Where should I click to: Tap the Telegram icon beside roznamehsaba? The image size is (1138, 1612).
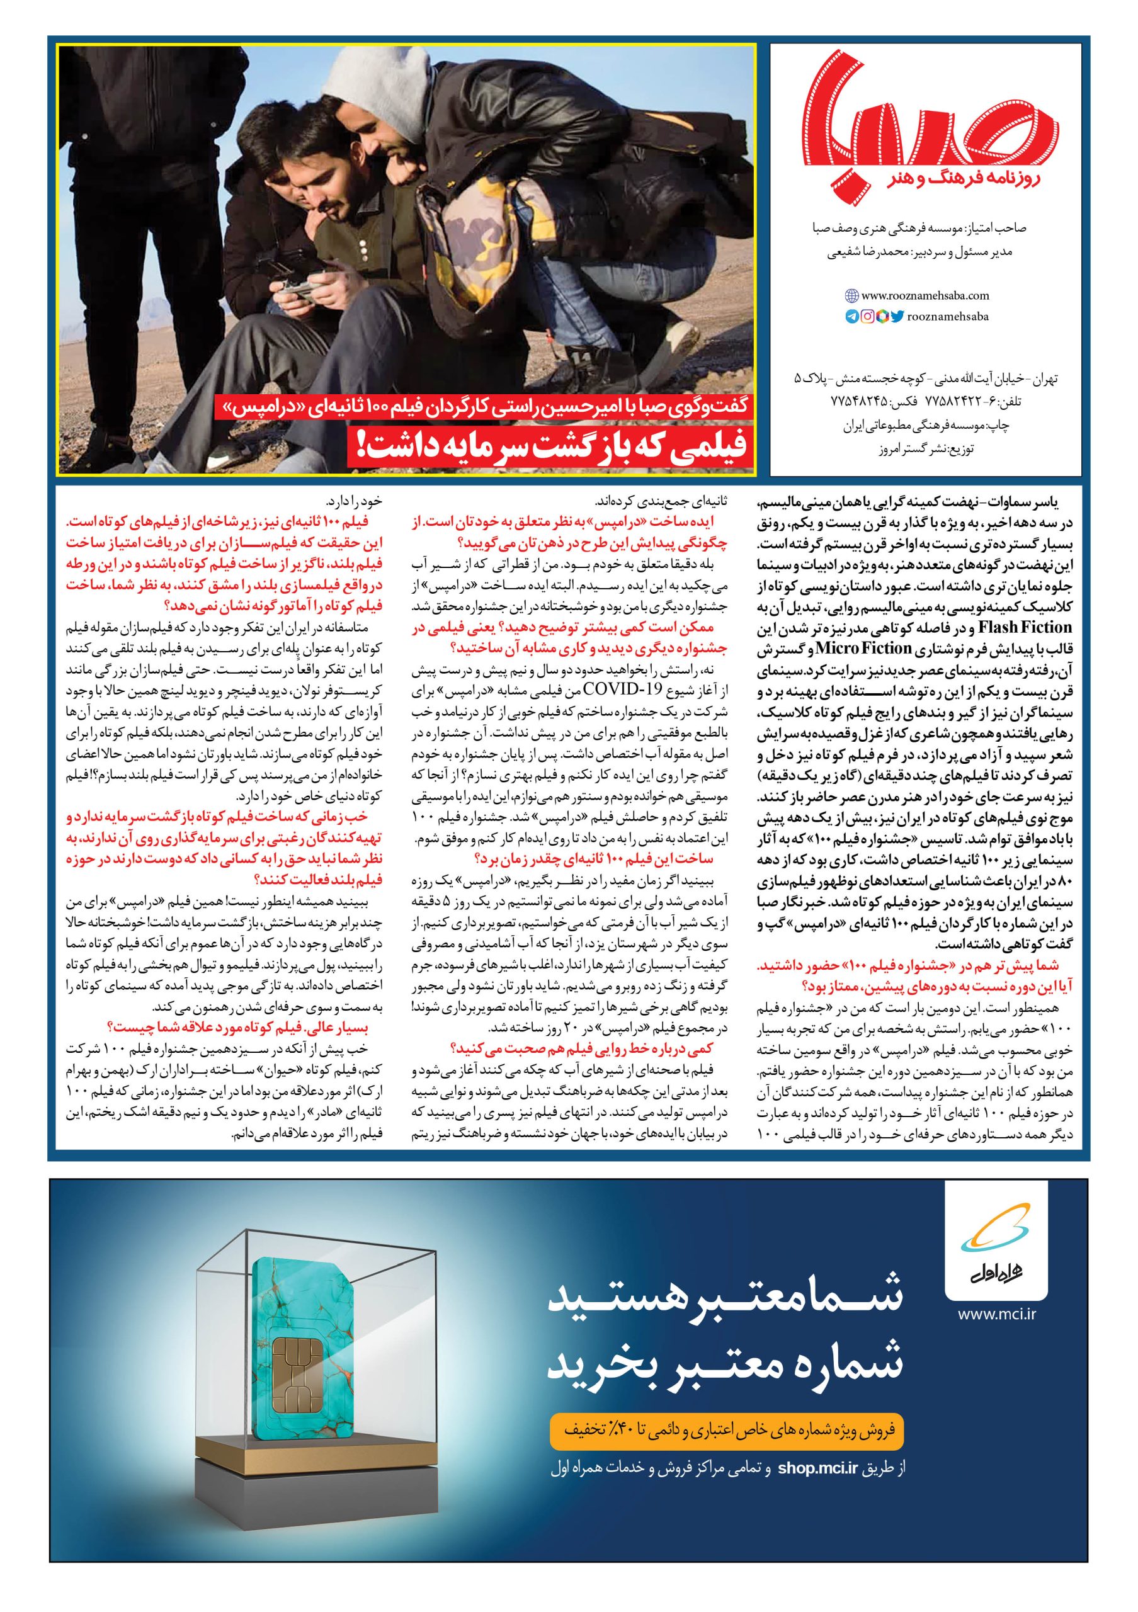tap(851, 317)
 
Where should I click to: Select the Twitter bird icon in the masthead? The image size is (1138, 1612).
tap(897, 317)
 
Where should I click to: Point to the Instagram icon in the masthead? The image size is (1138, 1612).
tap(867, 317)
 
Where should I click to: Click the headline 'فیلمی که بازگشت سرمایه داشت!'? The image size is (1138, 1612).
tap(555, 447)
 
